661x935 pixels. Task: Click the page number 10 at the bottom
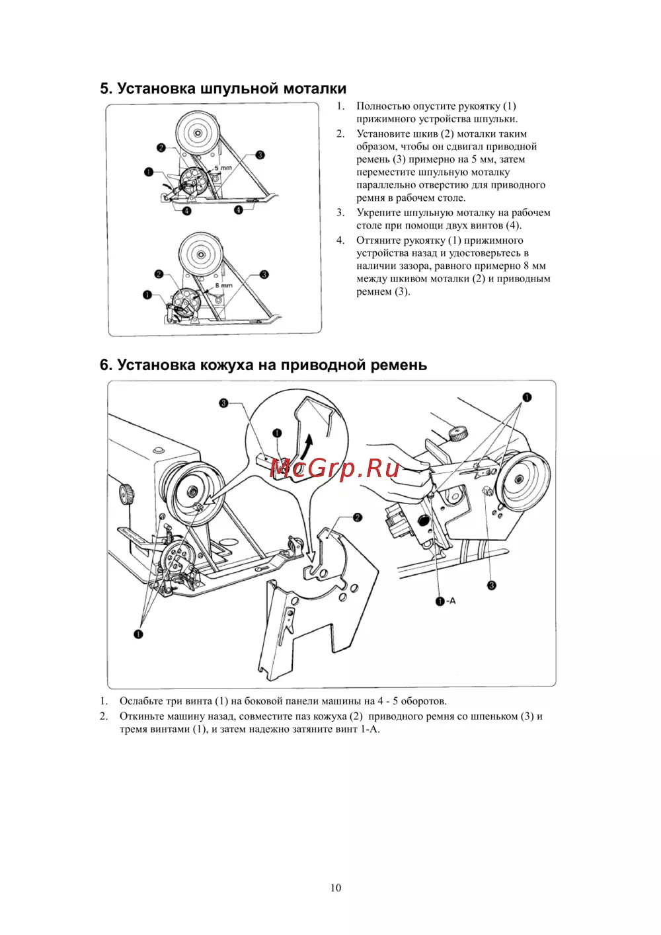tap(336, 887)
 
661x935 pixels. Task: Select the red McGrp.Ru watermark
tap(335, 468)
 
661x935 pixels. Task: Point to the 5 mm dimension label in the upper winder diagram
tap(223, 168)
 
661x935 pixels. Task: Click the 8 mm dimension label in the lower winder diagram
tap(223, 285)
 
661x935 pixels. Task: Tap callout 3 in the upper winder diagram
tap(260, 155)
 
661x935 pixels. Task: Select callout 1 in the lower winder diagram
tap(147, 295)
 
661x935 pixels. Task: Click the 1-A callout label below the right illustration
tap(446, 601)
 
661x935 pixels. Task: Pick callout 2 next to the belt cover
tap(358, 517)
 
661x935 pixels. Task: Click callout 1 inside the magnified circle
tap(277, 433)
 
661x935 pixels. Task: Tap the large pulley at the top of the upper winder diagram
tap(198, 133)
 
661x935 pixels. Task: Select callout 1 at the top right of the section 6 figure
tap(527, 397)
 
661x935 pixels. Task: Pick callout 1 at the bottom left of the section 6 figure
tap(138, 634)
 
